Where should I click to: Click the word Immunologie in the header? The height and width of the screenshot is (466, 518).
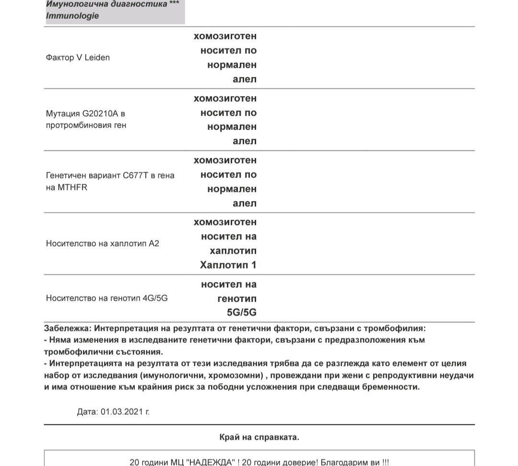[x=72, y=16]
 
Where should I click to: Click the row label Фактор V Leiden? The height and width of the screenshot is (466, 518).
[x=78, y=58]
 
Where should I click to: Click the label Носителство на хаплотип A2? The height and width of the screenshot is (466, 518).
[x=102, y=244]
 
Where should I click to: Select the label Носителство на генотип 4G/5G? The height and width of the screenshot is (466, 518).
[x=106, y=298]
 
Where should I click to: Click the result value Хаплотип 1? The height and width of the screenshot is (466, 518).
[x=228, y=265]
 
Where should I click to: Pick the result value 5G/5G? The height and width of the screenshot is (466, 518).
[x=242, y=313]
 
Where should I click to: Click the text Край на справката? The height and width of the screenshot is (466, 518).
[x=259, y=437]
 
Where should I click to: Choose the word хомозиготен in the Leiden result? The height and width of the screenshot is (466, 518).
[x=225, y=36]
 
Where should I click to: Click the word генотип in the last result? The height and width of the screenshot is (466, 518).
[x=237, y=299]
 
